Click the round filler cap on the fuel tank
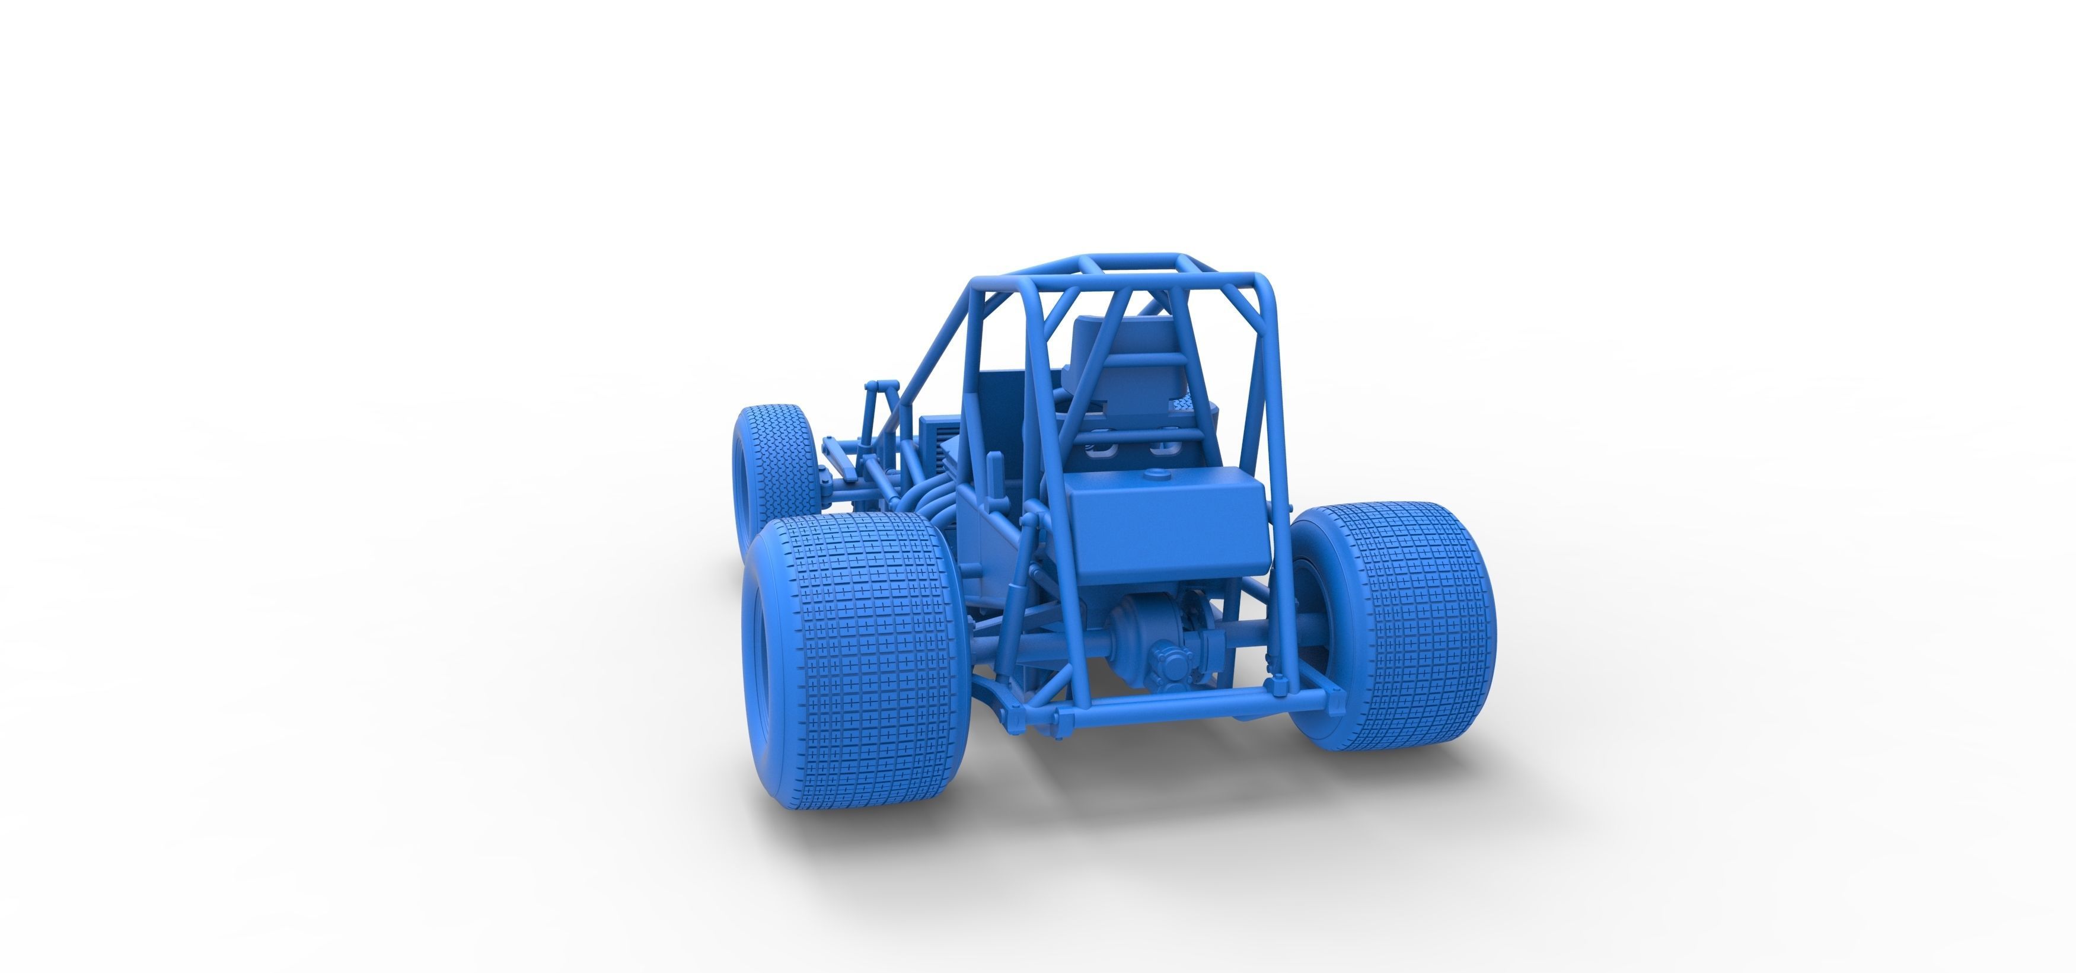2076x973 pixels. [x=1157, y=476]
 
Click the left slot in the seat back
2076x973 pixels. [x=1098, y=448]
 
